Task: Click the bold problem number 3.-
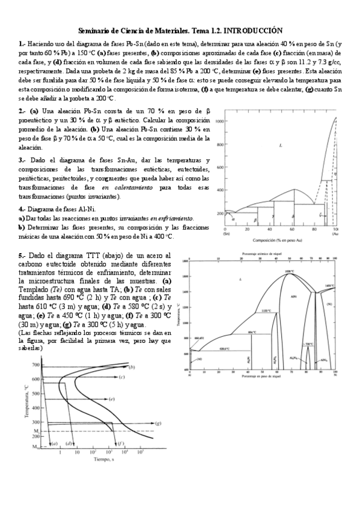pyautogui.click(x=23, y=160)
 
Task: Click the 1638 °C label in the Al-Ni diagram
pyautogui.click(x=289, y=272)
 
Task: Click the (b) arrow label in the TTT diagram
pyautogui.click(x=131, y=367)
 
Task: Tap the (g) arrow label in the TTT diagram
pyautogui.click(x=157, y=423)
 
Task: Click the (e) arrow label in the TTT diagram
pyautogui.click(x=112, y=399)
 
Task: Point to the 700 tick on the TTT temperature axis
pyautogui.click(x=35, y=365)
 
